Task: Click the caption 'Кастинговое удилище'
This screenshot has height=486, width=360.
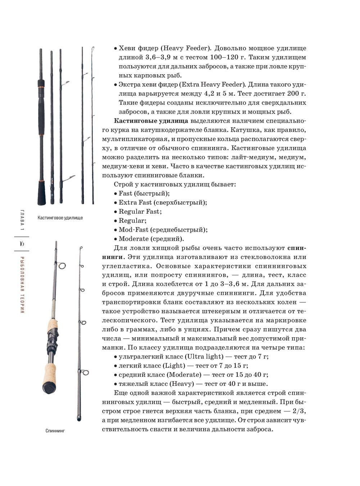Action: pyautogui.click(x=60, y=218)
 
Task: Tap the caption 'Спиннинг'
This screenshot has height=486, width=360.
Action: pyautogui.click(x=55, y=430)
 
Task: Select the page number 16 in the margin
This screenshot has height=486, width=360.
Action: pyautogui.click(x=22, y=244)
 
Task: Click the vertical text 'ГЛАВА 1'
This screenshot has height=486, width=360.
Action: pyautogui.click(x=22, y=220)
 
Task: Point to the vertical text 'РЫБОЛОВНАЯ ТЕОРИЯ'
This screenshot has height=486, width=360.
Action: pyautogui.click(x=22, y=284)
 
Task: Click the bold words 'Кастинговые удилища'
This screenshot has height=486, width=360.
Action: pyautogui.click(x=151, y=121)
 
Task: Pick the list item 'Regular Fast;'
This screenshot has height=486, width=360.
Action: pyautogui.click(x=140, y=211)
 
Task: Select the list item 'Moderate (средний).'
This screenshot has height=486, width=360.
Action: pyautogui.click(x=151, y=238)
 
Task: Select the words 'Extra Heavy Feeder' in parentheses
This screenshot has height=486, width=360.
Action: pyautogui.click(x=212, y=84)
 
